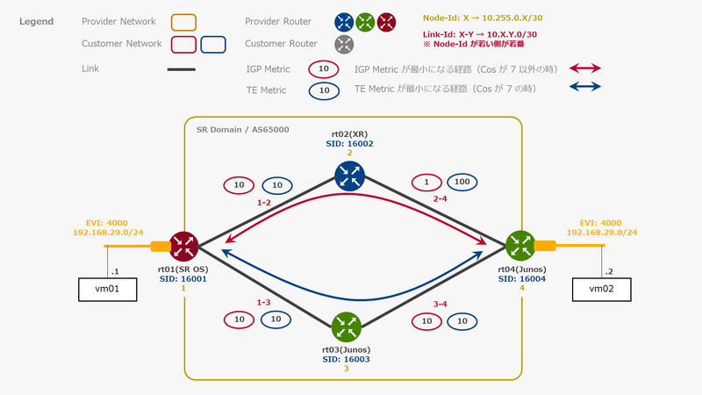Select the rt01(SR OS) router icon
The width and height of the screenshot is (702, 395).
click(183, 245)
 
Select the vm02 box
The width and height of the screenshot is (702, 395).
click(601, 288)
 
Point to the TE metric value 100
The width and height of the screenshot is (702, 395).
click(462, 183)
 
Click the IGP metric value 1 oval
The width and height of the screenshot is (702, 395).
click(426, 183)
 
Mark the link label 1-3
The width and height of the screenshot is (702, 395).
click(263, 302)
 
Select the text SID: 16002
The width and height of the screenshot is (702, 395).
click(350, 142)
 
